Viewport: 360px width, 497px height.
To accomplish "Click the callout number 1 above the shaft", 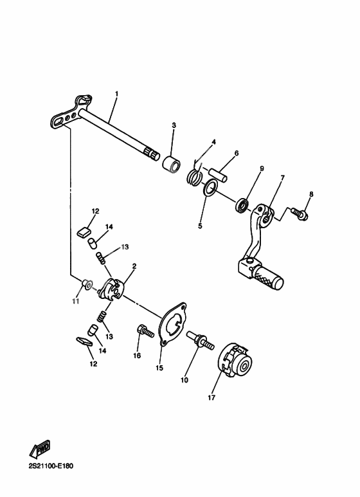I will (x=116, y=95).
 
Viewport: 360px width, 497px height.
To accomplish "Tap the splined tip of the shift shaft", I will (x=153, y=152).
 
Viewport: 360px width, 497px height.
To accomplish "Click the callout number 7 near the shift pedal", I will (x=282, y=177).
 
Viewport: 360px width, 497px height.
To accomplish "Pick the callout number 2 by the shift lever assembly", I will (x=134, y=266).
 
